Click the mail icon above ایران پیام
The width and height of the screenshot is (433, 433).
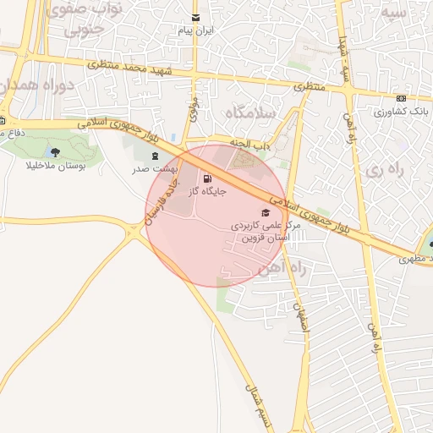[x=196, y=18]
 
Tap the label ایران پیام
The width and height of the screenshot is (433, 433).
[x=196, y=30]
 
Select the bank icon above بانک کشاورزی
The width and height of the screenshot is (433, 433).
[x=401, y=98]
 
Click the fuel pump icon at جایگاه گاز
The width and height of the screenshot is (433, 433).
[x=208, y=178]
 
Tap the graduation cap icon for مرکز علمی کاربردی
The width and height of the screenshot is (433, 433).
[x=265, y=212]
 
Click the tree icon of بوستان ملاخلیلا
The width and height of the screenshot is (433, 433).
[x=56, y=152]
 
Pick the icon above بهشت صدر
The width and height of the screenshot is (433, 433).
[x=154, y=156]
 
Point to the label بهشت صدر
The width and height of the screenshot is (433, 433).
[x=151, y=169]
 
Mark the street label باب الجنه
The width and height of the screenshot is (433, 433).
[x=251, y=145]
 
